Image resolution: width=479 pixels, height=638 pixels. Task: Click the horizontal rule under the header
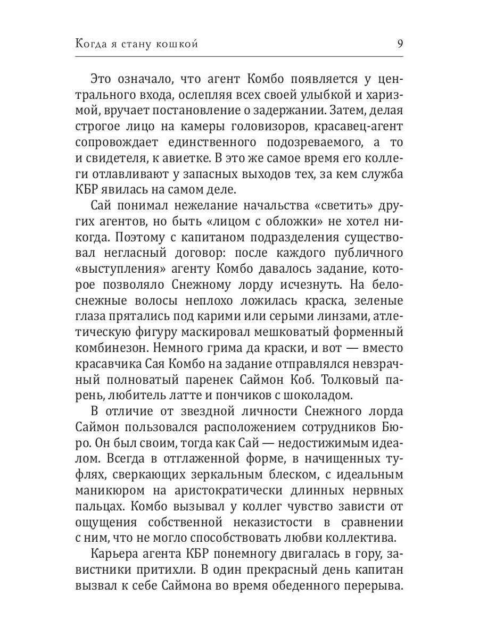[240, 56]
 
